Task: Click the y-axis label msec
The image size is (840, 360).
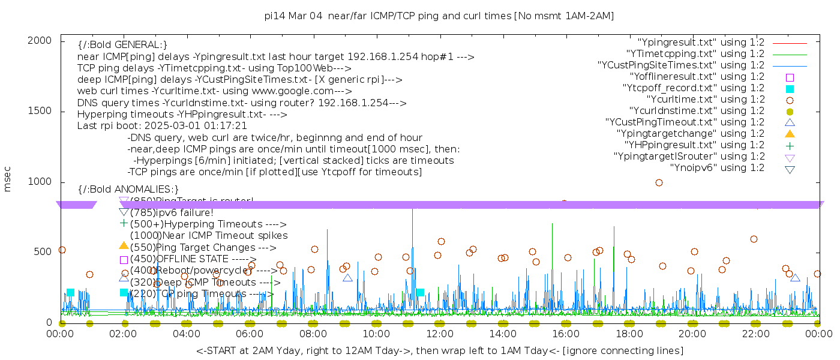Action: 8,181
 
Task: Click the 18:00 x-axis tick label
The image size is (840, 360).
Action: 629,333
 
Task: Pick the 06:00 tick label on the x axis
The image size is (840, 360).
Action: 250,333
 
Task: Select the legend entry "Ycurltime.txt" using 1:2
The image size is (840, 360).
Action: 705,100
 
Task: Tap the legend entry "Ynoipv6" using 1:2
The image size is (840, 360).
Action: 717,168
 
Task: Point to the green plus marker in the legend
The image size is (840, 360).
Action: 790,145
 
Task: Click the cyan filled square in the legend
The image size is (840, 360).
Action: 790,88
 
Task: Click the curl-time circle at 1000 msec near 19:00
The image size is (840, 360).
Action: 659,182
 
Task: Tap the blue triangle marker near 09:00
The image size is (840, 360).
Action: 347,278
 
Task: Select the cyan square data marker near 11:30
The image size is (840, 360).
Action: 420,292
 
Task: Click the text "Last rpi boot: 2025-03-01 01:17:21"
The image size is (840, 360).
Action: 162,126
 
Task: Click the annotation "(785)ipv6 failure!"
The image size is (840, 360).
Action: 172,212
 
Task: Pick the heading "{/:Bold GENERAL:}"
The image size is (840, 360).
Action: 122,45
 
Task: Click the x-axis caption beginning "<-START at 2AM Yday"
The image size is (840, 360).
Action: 439,350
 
